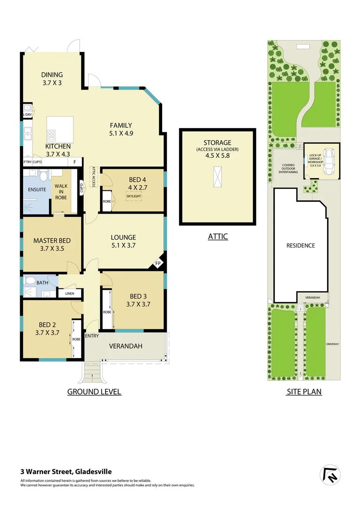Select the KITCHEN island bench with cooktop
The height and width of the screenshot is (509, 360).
[60, 129]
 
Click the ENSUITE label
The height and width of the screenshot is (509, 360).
[36, 190]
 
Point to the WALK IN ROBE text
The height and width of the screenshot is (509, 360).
[60, 192]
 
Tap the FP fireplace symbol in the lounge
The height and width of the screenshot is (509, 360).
[158, 263]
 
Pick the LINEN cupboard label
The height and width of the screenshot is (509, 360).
[69, 294]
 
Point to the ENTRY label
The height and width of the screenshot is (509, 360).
[91, 336]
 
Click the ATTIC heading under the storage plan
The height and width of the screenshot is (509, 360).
[218, 237]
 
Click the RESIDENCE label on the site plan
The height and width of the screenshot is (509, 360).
[301, 246]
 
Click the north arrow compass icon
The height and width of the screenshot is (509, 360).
[330, 476]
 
